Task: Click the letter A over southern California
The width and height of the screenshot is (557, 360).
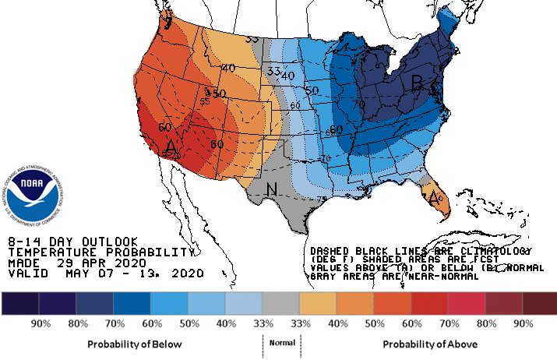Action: tap(172, 146)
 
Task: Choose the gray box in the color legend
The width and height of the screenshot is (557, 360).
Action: tap(280, 303)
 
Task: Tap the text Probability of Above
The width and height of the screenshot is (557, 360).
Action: tap(430, 344)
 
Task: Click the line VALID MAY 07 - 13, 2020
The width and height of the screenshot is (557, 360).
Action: tap(105, 274)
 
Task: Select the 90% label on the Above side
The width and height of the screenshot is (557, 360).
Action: tap(522, 323)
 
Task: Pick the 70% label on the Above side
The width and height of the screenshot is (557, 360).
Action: tap(447, 323)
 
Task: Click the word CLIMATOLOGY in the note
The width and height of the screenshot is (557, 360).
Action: tap(494, 251)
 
